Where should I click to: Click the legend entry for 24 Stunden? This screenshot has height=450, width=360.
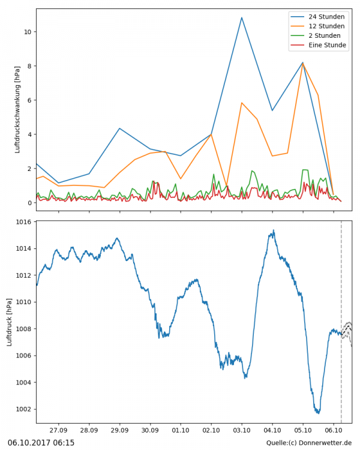[x=326, y=16]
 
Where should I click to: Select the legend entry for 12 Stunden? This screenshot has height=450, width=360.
[x=326, y=26]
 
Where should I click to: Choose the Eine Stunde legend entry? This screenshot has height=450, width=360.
[x=327, y=45]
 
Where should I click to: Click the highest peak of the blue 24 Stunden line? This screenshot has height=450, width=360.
[x=242, y=17]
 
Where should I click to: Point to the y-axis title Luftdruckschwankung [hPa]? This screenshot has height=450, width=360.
[x=17, y=110]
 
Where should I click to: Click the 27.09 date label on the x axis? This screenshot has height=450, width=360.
[x=58, y=430]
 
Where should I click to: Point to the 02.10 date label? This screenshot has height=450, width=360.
[x=211, y=430]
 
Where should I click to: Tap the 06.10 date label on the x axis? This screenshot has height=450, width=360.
[x=334, y=430]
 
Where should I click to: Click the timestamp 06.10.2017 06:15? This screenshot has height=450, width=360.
[x=41, y=443]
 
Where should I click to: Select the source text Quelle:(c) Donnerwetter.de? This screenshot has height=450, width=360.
[x=309, y=443]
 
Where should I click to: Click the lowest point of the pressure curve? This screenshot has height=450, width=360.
[x=318, y=413]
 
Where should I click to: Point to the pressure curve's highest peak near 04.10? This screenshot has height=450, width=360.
[x=274, y=230]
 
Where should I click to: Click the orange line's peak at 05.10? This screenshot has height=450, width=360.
[x=302, y=62]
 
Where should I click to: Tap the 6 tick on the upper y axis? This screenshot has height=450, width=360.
[x=28, y=100]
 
